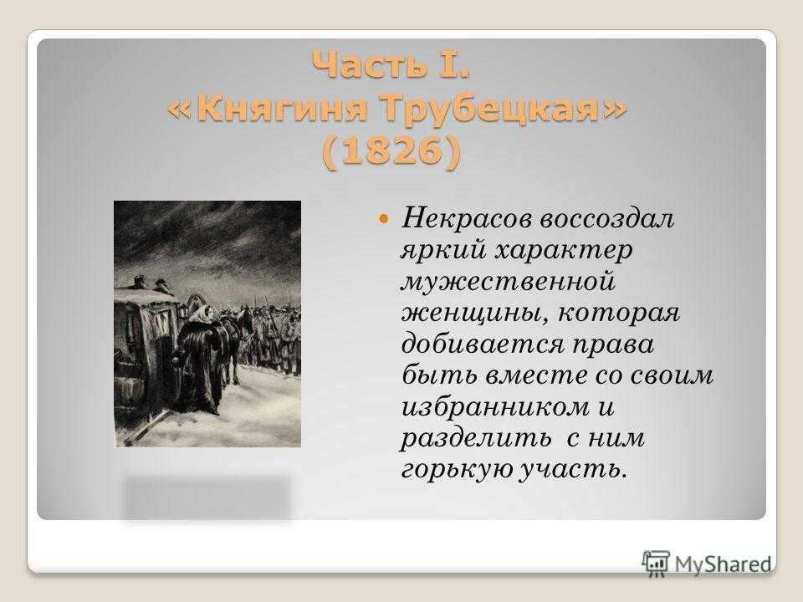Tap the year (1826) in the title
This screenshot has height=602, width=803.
tap(391, 151)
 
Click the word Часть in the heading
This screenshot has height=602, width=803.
tap(369, 64)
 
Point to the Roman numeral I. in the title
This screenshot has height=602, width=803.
tap(453, 64)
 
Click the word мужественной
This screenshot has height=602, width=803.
tap(508, 282)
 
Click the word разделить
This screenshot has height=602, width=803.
tap(476, 438)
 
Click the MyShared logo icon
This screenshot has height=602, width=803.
tap(656, 564)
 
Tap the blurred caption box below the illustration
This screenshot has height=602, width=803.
tap(207, 498)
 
